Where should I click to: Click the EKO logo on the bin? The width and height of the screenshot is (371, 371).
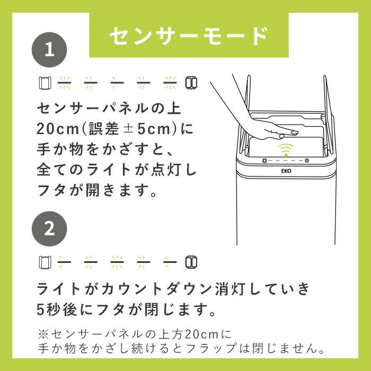point(286,172)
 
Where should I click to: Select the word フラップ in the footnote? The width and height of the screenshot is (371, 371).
point(240,349)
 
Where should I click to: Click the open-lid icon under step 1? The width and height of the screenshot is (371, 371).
point(45,83)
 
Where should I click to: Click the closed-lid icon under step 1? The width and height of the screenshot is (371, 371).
point(191,83)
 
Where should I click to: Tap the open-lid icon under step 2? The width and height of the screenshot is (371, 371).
point(45,262)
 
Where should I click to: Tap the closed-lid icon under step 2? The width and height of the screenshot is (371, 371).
point(191,262)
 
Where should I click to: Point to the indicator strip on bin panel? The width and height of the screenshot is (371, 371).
point(286,160)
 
